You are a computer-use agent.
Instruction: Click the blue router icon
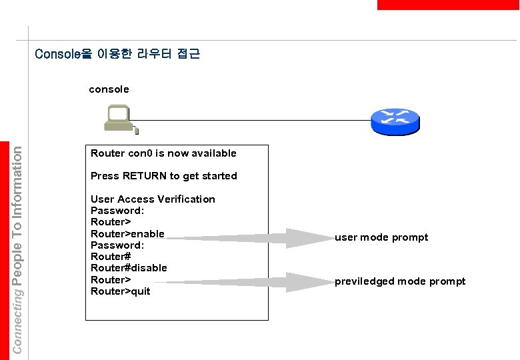pos(395,120)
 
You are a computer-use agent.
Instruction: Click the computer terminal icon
pos(121,119)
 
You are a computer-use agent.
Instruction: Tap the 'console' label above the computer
pos(109,89)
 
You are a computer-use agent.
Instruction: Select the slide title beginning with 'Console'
pos(117,53)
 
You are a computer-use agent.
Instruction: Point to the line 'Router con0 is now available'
pos(163,153)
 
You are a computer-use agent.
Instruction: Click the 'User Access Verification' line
pos(153,199)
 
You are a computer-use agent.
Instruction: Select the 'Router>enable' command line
pos(127,233)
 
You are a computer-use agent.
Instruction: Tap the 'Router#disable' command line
pos(129,268)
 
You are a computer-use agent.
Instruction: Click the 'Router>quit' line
pos(121,291)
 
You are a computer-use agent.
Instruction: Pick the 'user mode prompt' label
pos(381,237)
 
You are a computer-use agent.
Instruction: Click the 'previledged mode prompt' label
pos(400,281)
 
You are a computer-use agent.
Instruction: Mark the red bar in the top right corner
pos(447,5)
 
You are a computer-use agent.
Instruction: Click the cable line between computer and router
pos(253,121)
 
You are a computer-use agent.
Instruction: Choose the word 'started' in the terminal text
pos(217,176)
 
